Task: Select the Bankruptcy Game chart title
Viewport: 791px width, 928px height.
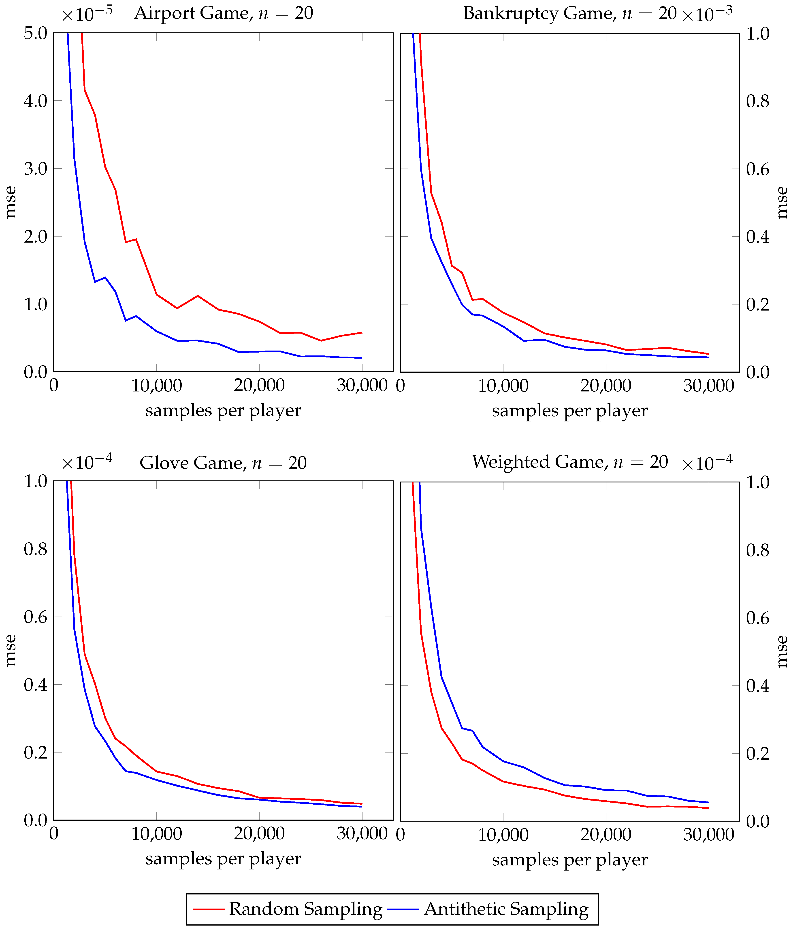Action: (569, 13)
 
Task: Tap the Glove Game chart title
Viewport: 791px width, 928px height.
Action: (223, 463)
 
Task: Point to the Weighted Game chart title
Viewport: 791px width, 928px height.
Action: (570, 462)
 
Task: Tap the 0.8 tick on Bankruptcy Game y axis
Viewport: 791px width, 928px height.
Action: (757, 101)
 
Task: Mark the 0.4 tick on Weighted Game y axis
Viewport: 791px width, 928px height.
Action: (757, 686)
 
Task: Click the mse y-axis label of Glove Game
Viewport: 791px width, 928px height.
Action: (10, 650)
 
